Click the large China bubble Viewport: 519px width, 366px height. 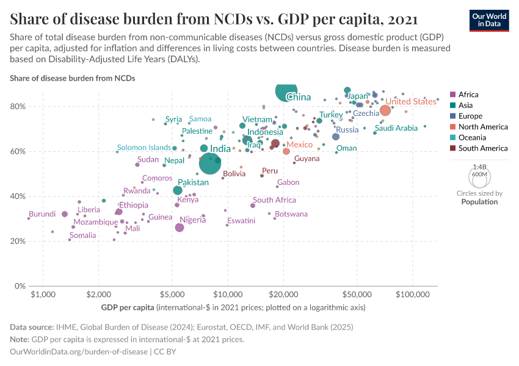pyautogui.click(x=286, y=91)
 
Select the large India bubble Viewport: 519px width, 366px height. pyautogui.click(x=209, y=163)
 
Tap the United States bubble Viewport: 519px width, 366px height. pyautogui.click(x=385, y=110)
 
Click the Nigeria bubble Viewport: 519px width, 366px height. pyautogui.click(x=180, y=228)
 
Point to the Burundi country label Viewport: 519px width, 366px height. pyautogui.click(x=42, y=214)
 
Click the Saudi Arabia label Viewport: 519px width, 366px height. pyautogui.click(x=396, y=128)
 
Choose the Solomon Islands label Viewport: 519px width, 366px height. pyautogui.click(x=144, y=148)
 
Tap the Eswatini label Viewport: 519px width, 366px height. pyautogui.click(x=241, y=221)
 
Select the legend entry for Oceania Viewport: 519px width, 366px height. pyautogui.click(x=473, y=138)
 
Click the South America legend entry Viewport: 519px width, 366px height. pyautogui.click(x=482, y=148)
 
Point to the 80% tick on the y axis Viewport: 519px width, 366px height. pyautogui.click(x=18, y=107)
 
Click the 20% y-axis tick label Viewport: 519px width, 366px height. pyautogui.click(x=18, y=242)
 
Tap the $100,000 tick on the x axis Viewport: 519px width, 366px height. pyautogui.click(x=412, y=295)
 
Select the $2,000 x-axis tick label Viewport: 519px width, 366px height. pyautogui.click(x=99, y=295)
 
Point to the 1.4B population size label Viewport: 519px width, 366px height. pyautogui.click(x=480, y=167)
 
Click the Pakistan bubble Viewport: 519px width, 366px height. pyautogui.click(x=178, y=190)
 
